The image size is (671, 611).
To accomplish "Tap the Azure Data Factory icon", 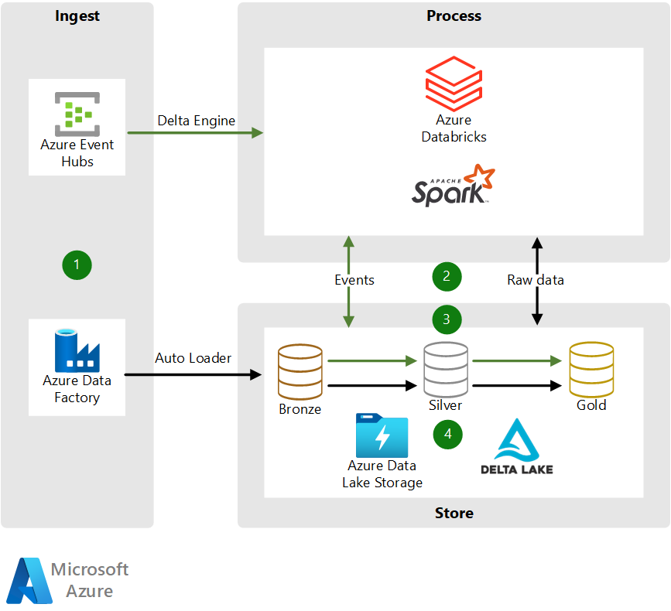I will (x=77, y=350).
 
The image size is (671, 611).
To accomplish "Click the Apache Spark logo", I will (x=453, y=186).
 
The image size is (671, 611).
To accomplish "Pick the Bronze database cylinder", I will (x=300, y=371).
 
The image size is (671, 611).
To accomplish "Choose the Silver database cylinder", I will (x=446, y=370).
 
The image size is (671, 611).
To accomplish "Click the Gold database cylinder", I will (x=591, y=370).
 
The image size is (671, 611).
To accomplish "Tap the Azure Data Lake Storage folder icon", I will (x=382, y=435).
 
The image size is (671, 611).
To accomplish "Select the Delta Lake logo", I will (x=516, y=447).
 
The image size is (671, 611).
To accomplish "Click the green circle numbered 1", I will (x=77, y=265).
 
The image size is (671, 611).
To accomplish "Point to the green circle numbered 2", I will (x=447, y=276).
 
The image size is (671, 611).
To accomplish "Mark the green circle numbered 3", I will (x=447, y=319).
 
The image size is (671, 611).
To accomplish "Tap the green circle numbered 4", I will (x=447, y=434).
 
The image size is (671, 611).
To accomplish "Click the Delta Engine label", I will (x=196, y=121).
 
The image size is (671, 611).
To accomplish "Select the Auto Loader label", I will (x=193, y=358).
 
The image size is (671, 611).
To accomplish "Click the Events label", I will (x=354, y=280).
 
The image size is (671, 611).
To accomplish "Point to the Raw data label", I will (x=536, y=280).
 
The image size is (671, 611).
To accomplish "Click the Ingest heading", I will (x=77, y=16).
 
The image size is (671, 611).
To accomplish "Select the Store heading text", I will (x=454, y=513).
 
